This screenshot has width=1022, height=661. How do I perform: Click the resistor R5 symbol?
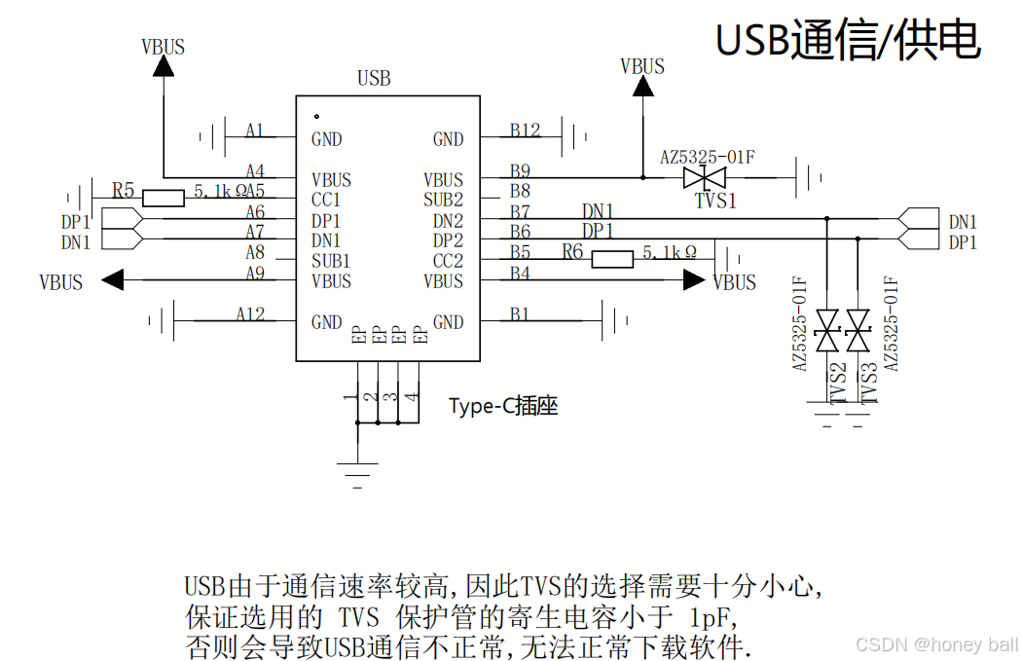click(163, 199)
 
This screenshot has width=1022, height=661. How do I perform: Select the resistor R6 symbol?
click(612, 259)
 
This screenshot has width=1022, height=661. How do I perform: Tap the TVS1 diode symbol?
click(706, 178)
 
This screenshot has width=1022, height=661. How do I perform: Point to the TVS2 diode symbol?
click(828, 331)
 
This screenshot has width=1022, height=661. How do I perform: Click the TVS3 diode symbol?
click(858, 331)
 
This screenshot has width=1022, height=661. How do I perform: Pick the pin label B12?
click(525, 130)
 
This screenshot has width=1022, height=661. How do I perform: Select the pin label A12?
click(250, 313)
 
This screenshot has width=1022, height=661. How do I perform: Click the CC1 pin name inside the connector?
click(326, 201)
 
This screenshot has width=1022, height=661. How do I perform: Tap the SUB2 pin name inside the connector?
click(443, 201)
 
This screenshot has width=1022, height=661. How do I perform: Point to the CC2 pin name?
click(448, 261)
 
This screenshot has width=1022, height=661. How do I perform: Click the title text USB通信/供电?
click(848, 41)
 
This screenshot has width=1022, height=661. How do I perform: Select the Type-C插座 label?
click(503, 406)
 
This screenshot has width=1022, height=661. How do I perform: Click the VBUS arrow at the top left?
click(163, 65)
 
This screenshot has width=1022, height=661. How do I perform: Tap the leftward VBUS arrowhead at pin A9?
click(113, 280)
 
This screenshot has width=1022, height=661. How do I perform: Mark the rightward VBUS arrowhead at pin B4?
click(694, 280)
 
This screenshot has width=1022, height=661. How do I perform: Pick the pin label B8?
click(521, 191)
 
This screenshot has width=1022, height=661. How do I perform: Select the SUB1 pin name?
click(331, 261)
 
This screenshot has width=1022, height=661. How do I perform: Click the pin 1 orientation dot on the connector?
click(316, 116)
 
